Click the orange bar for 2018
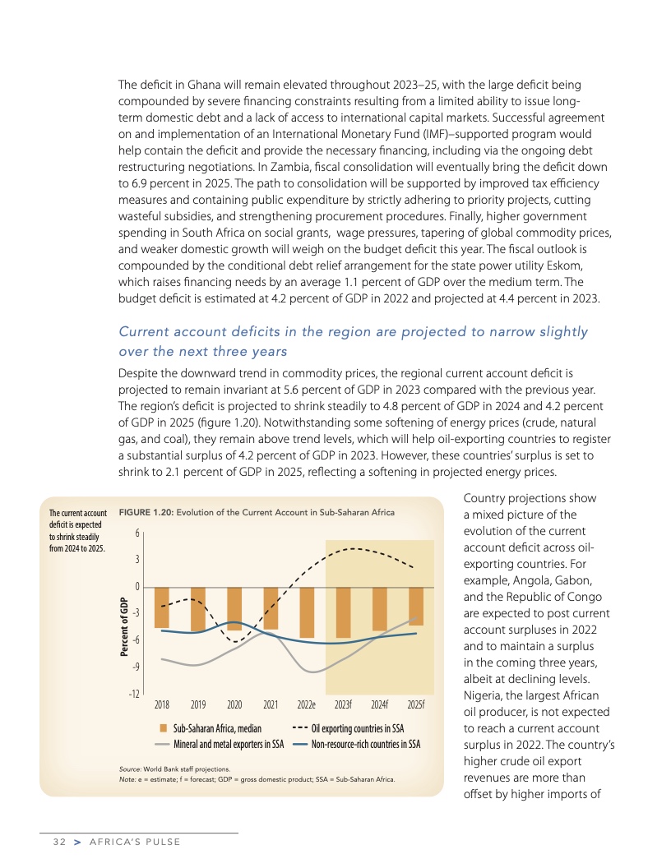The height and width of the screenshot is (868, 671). click(x=162, y=607)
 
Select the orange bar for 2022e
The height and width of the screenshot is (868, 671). click(x=307, y=612)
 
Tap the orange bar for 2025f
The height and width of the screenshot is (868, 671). click(x=416, y=607)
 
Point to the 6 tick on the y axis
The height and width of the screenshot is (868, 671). click(x=137, y=533)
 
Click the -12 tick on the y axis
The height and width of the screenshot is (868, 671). click(x=133, y=694)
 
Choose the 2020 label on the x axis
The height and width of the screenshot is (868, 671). click(x=234, y=704)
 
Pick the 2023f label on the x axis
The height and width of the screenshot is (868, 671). click(x=343, y=704)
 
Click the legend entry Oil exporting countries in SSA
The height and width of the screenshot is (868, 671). click(x=358, y=729)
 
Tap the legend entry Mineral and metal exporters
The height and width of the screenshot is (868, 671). click(x=228, y=745)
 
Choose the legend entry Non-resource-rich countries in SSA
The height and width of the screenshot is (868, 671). click(x=365, y=745)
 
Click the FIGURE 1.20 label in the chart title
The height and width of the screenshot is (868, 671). click(x=147, y=513)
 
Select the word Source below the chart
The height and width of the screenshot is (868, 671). click(x=132, y=769)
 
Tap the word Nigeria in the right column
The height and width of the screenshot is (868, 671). click(x=483, y=696)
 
